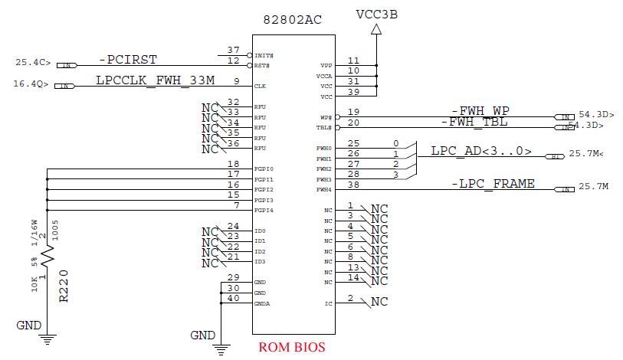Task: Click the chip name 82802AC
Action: click(293, 21)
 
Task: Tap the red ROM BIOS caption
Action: click(292, 347)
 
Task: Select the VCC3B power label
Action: click(377, 14)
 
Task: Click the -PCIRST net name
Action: click(128, 60)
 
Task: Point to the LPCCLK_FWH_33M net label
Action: click(156, 80)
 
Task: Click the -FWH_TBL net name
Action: click(474, 122)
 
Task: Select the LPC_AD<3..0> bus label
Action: click(481, 151)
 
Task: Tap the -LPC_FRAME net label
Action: click(492, 183)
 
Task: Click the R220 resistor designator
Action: click(64, 286)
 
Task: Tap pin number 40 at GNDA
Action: click(233, 298)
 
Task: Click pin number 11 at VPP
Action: click(352, 61)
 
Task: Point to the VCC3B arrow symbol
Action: click(377, 30)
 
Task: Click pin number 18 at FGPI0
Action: click(233, 164)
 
